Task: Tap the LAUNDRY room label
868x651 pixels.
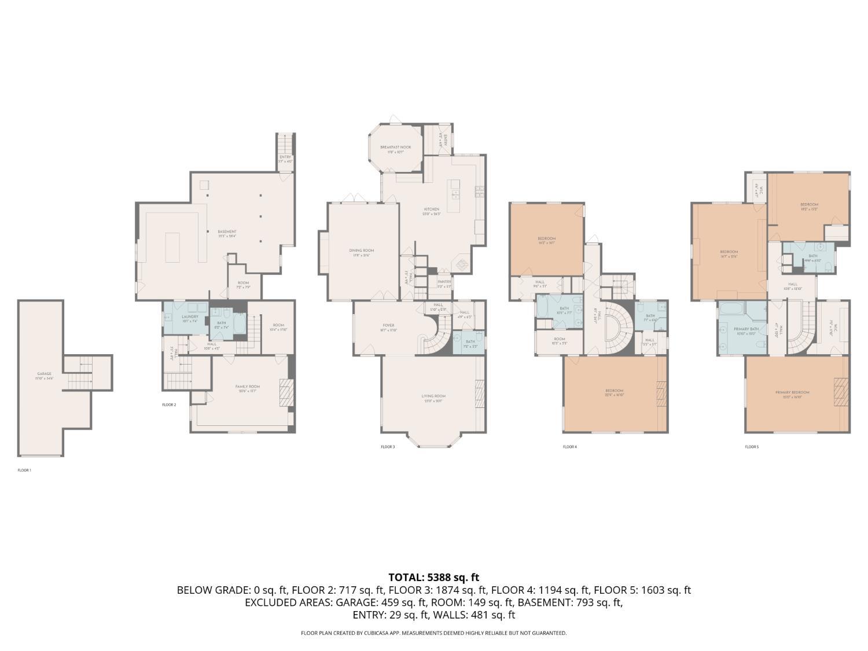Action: click(x=190, y=317)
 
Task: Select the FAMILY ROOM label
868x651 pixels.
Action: click(x=247, y=387)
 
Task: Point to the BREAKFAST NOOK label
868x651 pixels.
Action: click(x=396, y=148)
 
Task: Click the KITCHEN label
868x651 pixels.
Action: click(x=432, y=209)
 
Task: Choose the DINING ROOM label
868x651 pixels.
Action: click(x=361, y=251)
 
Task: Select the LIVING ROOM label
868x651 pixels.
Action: click(x=433, y=396)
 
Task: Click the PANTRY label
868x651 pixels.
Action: click(x=444, y=282)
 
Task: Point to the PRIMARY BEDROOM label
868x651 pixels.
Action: click(x=792, y=392)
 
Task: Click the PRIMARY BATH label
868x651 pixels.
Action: click(x=746, y=329)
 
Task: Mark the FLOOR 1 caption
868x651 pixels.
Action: click(x=24, y=470)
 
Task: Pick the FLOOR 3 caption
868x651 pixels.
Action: click(x=388, y=447)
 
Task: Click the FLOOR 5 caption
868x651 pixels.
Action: click(x=751, y=447)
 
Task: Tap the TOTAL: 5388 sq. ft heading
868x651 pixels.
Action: click(x=433, y=577)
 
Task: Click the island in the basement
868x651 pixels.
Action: click(x=173, y=247)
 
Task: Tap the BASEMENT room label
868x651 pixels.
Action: click(x=227, y=231)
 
